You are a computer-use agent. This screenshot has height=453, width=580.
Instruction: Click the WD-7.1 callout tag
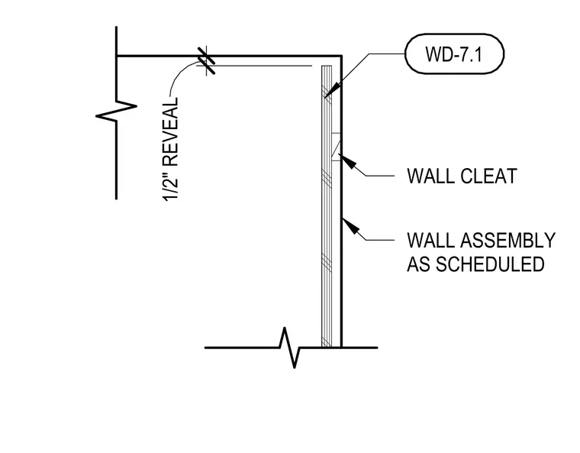tap(454, 54)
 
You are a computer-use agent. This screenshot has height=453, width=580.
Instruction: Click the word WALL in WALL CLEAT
tap(431, 176)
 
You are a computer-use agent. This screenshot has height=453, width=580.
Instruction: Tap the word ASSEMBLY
tap(508, 241)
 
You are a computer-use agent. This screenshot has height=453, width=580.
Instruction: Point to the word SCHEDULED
tap(490, 264)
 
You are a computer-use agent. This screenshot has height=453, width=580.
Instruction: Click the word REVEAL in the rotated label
tap(170, 132)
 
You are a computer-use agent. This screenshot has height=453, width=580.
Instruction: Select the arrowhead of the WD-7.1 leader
tap(332, 90)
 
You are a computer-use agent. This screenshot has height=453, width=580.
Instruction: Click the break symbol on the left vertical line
tap(116, 110)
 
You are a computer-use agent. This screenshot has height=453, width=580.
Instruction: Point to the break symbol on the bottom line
tap(290, 348)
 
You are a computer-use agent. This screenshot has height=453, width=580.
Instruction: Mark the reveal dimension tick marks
tap(206, 60)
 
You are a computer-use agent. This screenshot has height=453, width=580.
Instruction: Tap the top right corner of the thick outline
tap(341, 57)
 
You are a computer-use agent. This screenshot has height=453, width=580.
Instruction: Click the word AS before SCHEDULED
tap(419, 264)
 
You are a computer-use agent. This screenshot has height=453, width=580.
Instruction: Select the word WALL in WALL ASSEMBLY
tap(431, 241)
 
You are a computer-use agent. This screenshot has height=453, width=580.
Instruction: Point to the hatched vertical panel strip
tap(327, 206)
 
